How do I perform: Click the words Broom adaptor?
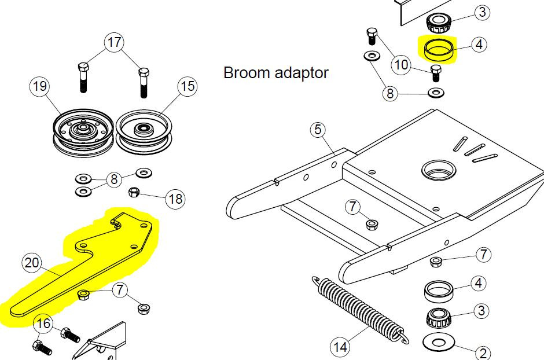point(275,73)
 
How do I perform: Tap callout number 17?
point(114,42)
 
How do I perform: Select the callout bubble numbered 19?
point(39,87)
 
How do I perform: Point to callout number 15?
point(188,87)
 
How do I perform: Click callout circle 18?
point(175,200)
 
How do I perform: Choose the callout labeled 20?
point(32,263)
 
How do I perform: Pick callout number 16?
point(44,324)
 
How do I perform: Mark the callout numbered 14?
point(340,347)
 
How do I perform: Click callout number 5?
point(318,130)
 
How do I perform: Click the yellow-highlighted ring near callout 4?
point(438,50)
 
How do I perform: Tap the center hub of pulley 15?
point(142,128)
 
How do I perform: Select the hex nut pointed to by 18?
point(132,191)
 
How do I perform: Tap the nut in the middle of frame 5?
point(371,223)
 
